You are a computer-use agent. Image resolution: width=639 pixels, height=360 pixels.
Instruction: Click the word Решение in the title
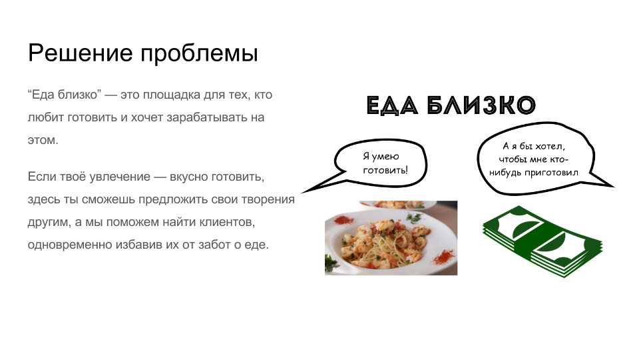coord(81,53)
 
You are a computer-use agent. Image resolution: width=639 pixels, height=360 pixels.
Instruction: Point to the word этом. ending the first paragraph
coord(43,140)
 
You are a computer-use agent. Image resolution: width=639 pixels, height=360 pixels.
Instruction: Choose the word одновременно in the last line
coord(70,245)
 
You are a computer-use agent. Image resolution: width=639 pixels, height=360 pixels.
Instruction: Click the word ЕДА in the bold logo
coord(392,105)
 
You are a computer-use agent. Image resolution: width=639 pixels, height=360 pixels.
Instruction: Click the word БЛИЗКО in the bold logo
coord(481,105)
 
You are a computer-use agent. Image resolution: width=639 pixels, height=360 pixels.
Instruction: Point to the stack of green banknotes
coord(542,241)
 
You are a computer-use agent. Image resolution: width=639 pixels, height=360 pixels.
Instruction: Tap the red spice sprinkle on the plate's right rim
coord(444,257)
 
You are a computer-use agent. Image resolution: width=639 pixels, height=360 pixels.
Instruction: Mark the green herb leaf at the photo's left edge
coord(331,263)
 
